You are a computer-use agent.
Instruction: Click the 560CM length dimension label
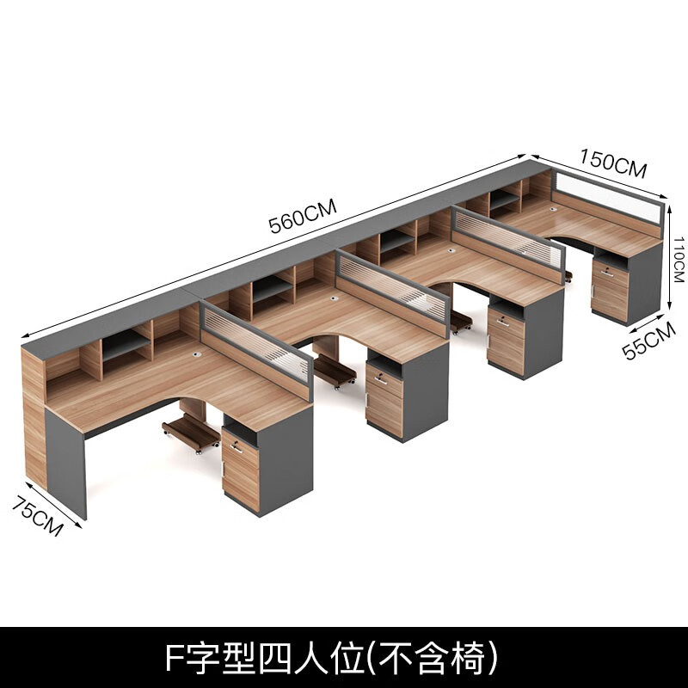pyautogui.click(x=302, y=216)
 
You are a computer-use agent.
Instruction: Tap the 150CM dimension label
pyautogui.click(x=612, y=163)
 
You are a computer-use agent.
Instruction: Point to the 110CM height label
pyautogui.click(x=678, y=260)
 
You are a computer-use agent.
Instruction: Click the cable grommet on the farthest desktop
pyautogui.click(x=551, y=207)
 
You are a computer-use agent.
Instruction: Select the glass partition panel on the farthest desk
pyautogui.click(x=606, y=197)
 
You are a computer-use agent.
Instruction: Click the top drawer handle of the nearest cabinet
pyautogui.click(x=236, y=446)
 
